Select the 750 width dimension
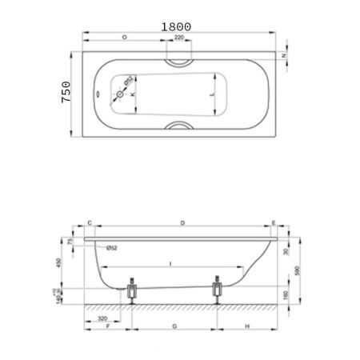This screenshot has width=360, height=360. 67,94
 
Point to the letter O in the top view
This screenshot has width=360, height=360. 124,38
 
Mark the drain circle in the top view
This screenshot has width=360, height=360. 120,94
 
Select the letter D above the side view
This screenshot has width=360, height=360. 182,223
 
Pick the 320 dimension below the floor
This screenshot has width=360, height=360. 102,318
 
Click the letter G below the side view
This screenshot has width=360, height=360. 174,326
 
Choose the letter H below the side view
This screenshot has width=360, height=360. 247,326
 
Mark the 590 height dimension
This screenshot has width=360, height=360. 298,270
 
